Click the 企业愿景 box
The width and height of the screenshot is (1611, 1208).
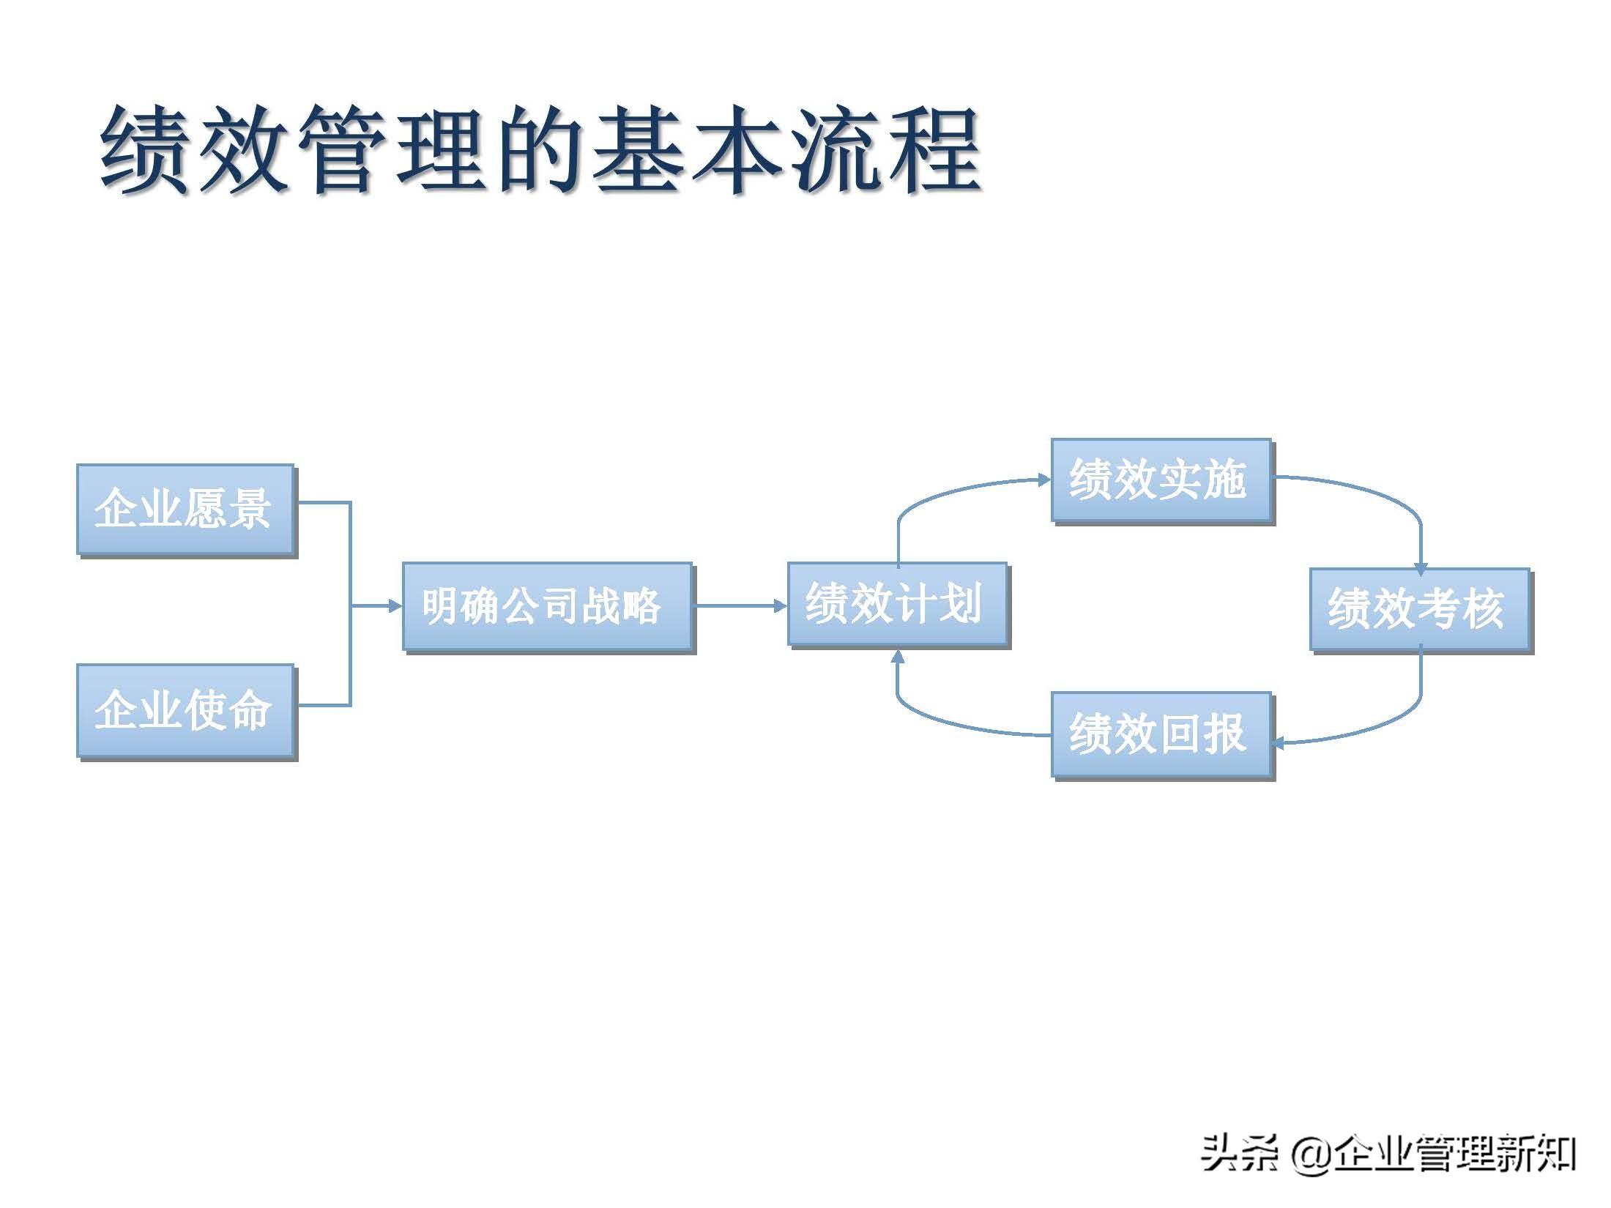185,510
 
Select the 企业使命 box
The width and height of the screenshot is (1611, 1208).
185,710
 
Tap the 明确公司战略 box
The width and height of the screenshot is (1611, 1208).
547,607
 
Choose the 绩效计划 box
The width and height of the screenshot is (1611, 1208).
897,604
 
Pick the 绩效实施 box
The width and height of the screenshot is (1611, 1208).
1161,480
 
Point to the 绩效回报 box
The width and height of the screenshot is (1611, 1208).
1161,734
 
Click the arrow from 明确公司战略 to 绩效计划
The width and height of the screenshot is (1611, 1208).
740,606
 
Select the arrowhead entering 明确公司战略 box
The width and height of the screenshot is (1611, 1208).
395,606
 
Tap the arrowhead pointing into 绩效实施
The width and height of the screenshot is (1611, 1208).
1044,480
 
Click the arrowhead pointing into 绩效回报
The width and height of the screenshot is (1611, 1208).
1279,744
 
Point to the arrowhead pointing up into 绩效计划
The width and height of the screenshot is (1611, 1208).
898,656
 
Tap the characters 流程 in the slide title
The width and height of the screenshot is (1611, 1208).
886,150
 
